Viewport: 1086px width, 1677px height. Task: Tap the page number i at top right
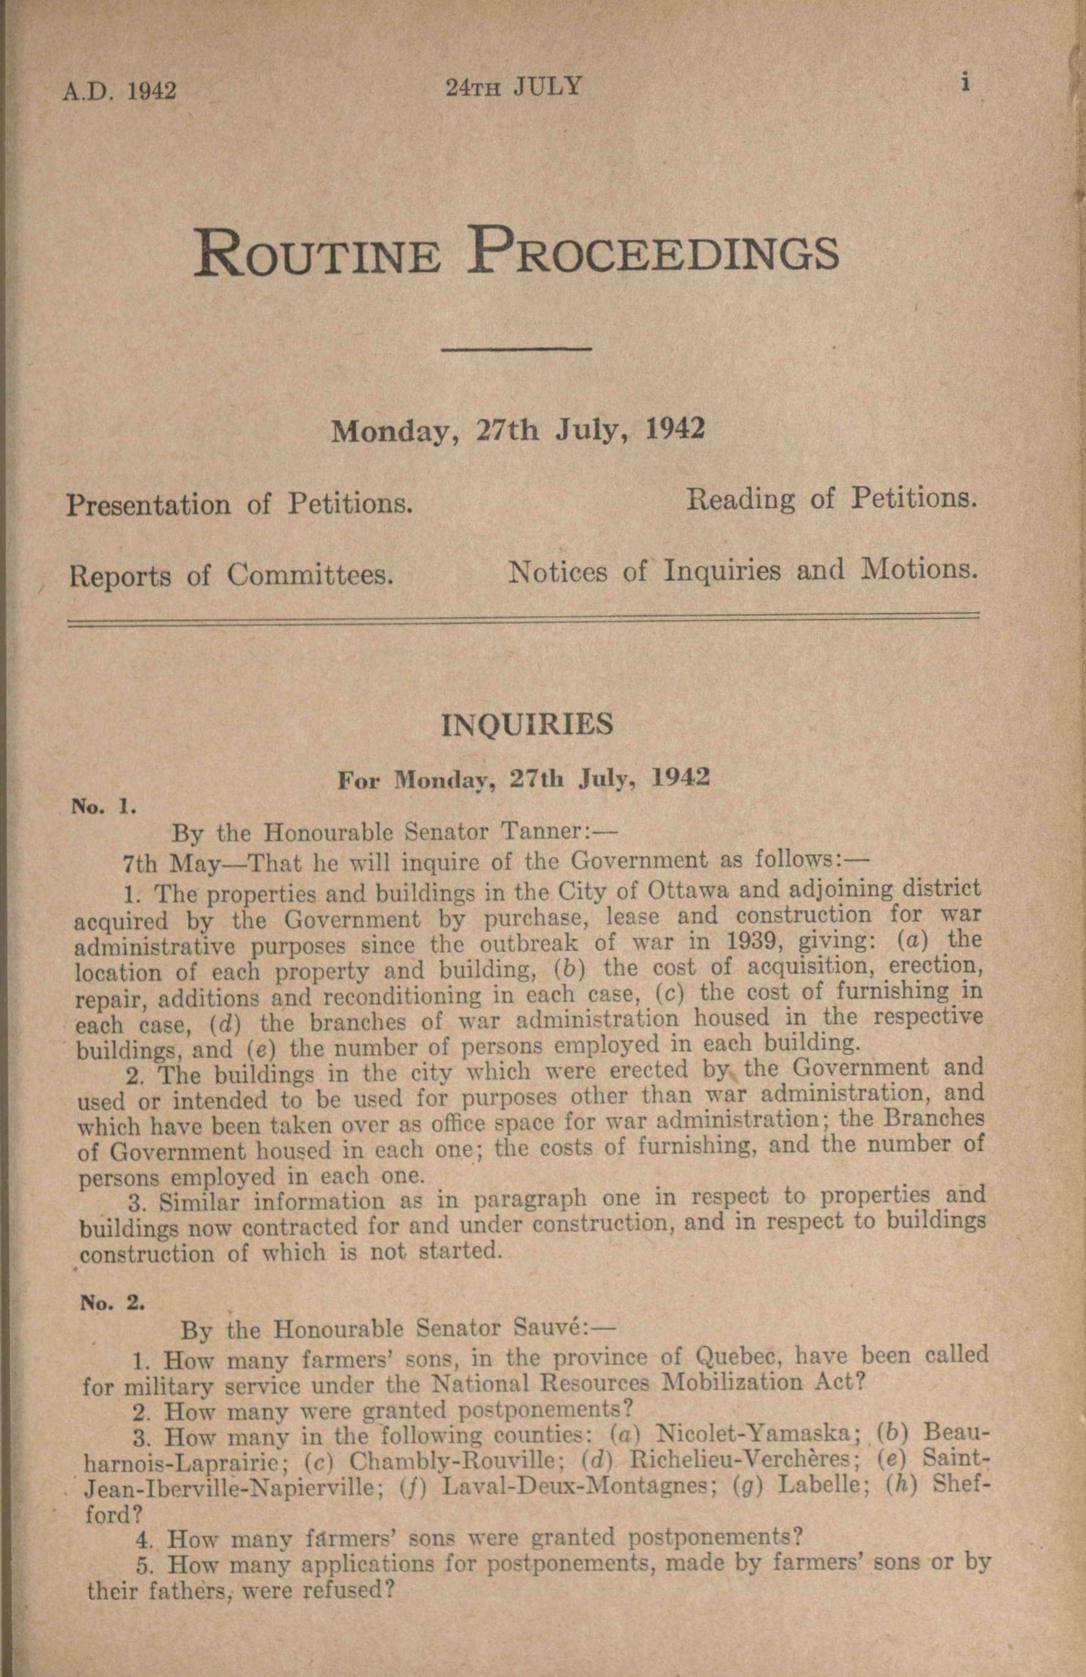[x=965, y=83]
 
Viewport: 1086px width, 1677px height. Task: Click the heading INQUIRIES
[x=527, y=725]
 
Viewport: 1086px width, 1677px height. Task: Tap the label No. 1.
[x=103, y=808]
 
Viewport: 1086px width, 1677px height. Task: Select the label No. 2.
[x=112, y=1303]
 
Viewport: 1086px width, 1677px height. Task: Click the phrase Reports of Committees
[x=230, y=576]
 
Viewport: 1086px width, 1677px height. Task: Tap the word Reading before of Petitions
[x=740, y=500]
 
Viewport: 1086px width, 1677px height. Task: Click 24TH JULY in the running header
[x=513, y=87]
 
